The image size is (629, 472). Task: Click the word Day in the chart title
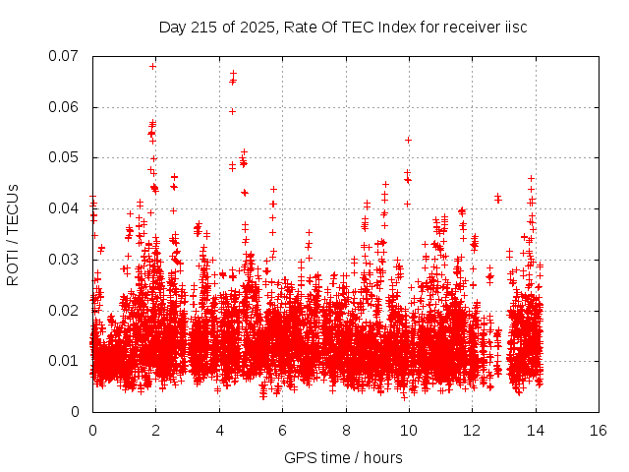tap(173, 27)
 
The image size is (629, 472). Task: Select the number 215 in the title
tap(205, 27)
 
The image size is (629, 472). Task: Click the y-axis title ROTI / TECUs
tap(13, 233)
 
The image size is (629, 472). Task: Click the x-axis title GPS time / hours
tap(344, 457)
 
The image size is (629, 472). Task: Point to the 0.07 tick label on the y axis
tap(65, 56)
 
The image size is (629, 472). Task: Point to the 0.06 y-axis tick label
tap(65, 107)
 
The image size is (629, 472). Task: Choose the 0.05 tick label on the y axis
tap(65, 157)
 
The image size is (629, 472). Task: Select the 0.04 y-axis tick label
tap(65, 208)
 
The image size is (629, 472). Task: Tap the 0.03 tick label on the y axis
tap(65, 260)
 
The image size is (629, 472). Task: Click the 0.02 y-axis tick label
tap(65, 311)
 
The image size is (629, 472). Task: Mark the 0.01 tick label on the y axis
tap(65, 361)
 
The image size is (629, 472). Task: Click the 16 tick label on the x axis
tap(598, 430)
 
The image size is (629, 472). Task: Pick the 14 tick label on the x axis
tap(535, 430)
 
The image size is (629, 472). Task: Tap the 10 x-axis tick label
tap(408, 430)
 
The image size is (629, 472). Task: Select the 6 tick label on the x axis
tap(282, 430)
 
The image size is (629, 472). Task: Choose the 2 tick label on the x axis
tap(155, 430)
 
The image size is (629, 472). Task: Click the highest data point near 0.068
tap(153, 66)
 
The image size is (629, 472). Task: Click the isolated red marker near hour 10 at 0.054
tap(408, 140)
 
